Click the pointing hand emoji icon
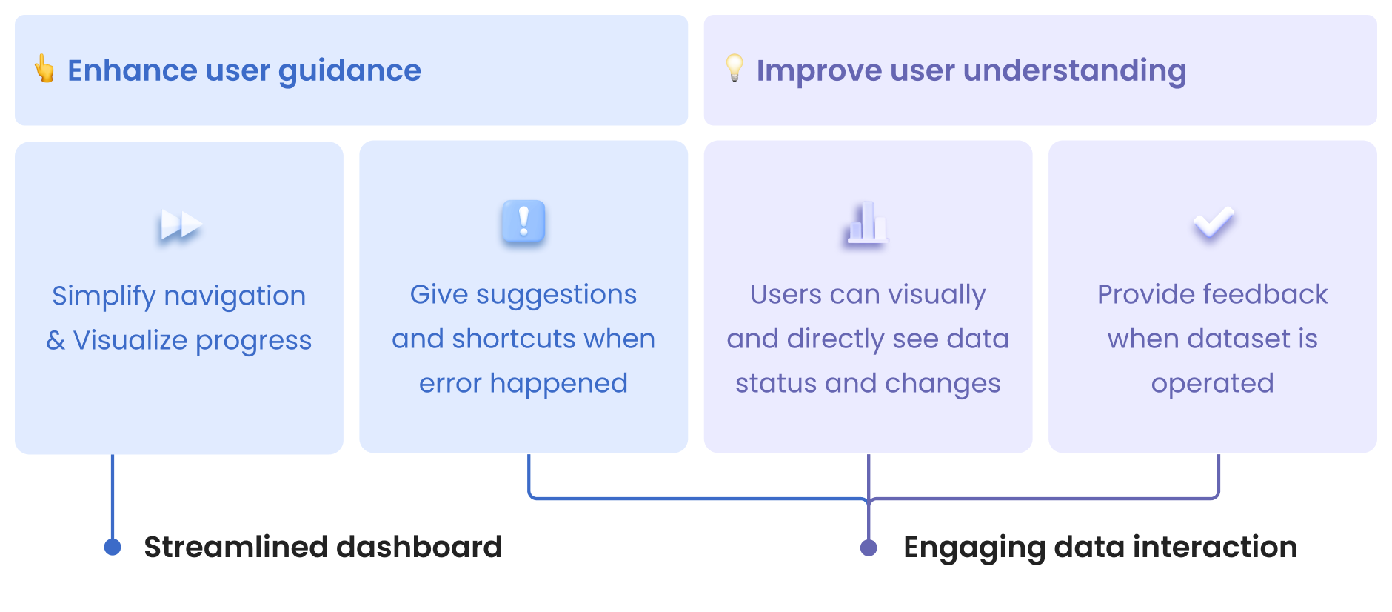44,68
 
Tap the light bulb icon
734,67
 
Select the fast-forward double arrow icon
180,224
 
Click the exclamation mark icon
523,222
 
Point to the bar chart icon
866,223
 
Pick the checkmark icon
1213,222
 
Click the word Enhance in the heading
132,71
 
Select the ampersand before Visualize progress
56,341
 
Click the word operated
1212,384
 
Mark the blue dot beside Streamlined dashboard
113,547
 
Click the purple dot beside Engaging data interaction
869,548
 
